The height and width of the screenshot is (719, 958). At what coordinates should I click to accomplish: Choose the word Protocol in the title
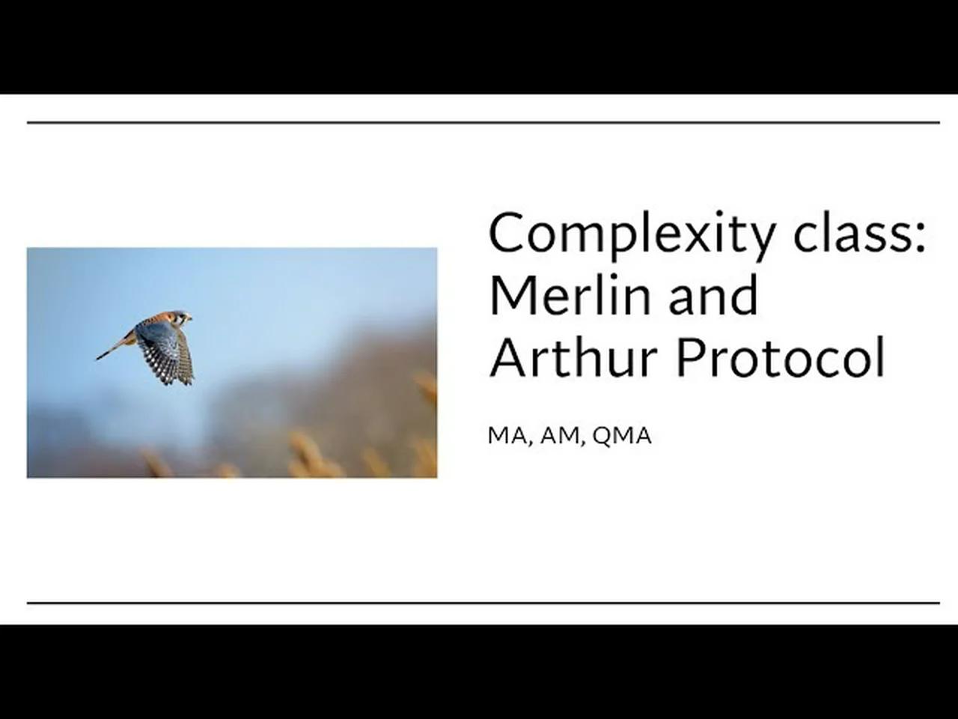coord(780,357)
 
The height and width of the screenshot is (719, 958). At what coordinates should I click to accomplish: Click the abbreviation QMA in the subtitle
coord(621,436)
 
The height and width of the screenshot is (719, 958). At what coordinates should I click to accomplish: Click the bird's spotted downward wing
coord(168,356)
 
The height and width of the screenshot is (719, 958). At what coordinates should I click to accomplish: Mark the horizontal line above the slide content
coord(483,122)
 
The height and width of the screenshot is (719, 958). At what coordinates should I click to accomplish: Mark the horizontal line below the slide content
coord(483,602)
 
